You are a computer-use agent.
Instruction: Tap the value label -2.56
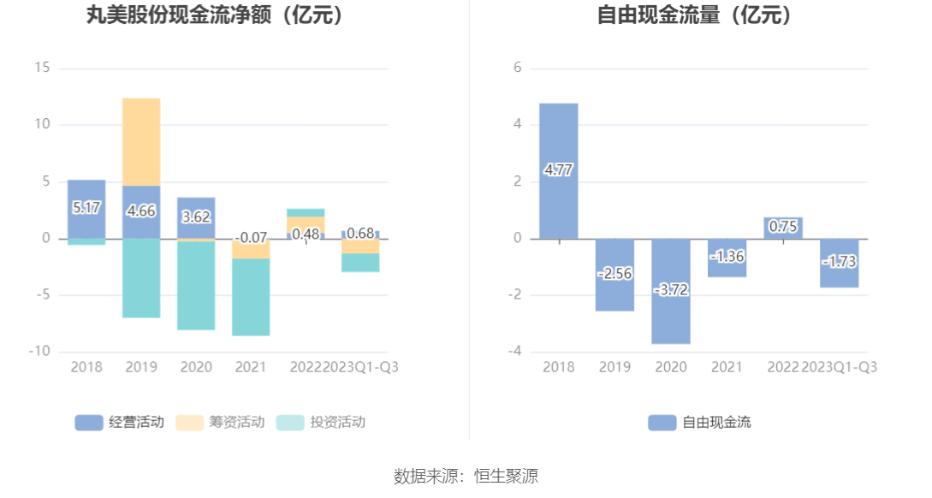614,274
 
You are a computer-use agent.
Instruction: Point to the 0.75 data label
782,227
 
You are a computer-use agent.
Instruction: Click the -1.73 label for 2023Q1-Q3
839,262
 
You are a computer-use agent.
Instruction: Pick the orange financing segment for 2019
141,141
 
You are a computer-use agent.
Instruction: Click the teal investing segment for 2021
251,297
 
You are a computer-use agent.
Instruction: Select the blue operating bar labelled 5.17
86,207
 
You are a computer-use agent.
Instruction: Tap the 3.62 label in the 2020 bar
196,216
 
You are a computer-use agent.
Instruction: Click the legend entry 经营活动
120,422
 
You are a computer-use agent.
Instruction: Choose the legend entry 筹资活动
220,422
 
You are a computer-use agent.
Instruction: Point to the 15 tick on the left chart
42,68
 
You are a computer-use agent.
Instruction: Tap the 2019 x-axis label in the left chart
141,367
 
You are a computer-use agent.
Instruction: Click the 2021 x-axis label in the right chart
727,367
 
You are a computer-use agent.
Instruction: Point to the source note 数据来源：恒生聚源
466,477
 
